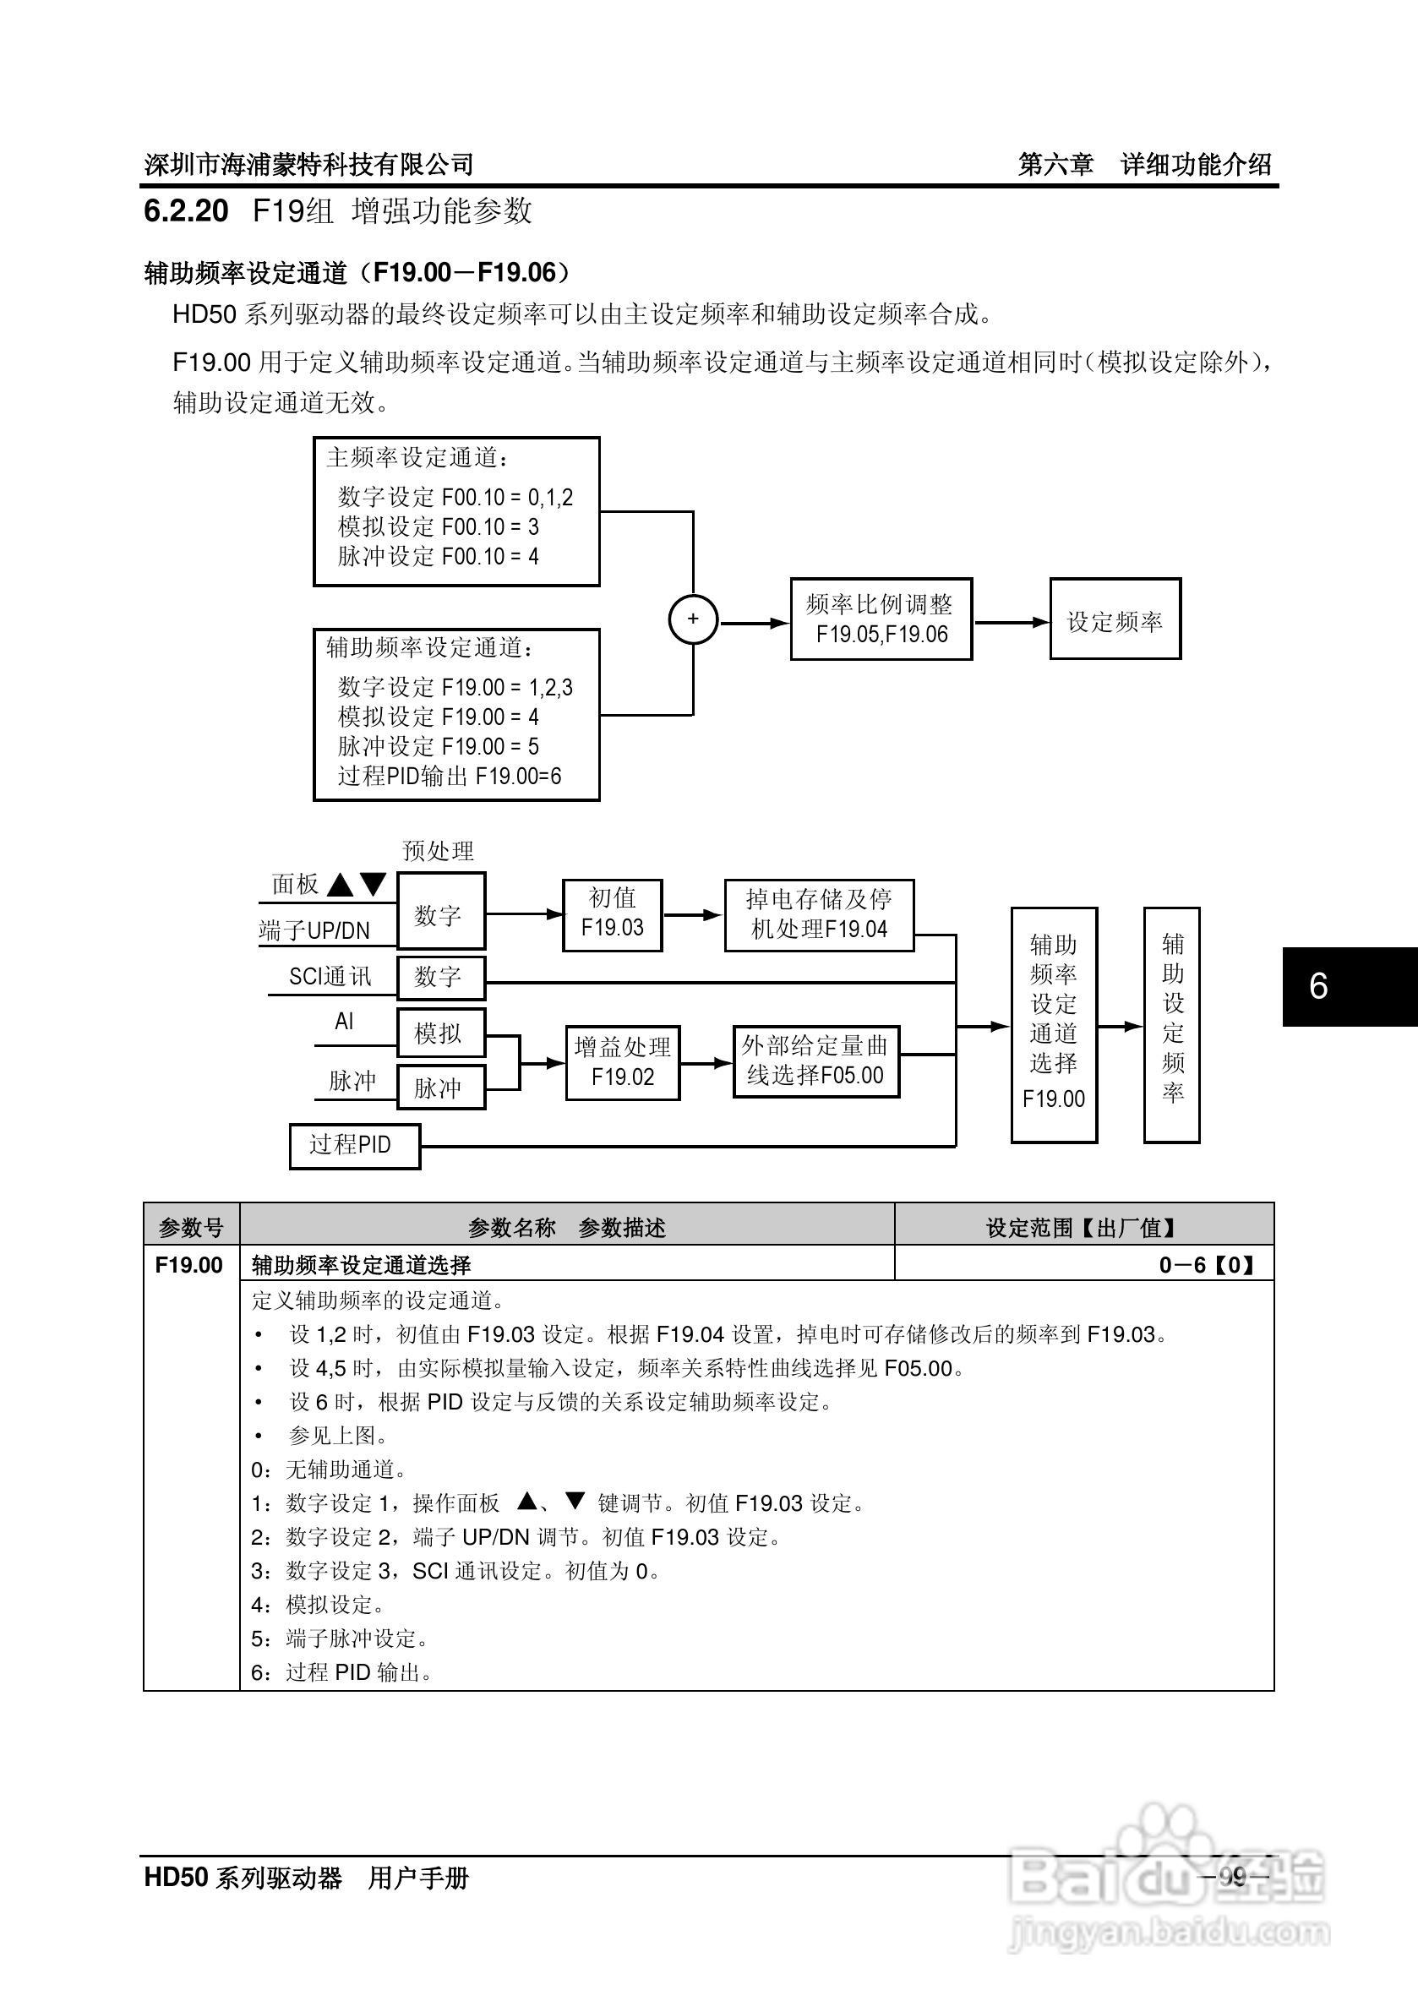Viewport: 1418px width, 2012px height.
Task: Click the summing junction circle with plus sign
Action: coord(693,619)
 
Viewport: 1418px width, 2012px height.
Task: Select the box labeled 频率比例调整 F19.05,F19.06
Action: coord(881,619)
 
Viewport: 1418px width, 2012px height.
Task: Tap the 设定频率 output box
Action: coord(1115,619)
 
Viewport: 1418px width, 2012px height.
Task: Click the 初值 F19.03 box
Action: coord(612,915)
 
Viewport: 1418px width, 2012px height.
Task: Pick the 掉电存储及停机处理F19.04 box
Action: coord(819,915)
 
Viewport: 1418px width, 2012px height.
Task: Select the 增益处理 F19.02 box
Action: coord(622,1062)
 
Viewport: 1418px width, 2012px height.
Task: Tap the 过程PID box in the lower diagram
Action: coord(354,1145)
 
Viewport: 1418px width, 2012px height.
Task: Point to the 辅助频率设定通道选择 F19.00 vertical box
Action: coord(1054,1024)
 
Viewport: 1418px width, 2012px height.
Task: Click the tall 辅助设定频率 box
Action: coord(1172,1024)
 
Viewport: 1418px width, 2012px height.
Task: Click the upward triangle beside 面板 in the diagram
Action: coord(340,886)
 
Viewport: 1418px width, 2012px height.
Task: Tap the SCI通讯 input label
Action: coord(330,977)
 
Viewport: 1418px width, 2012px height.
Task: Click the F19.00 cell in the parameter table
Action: coord(190,1264)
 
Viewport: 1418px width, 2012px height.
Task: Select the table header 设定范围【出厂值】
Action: coord(1083,1227)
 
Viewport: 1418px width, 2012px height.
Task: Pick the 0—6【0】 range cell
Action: coord(1206,1264)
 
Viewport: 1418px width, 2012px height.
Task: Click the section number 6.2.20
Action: coord(186,211)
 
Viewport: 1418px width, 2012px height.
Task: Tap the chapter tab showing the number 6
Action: coord(1318,987)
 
